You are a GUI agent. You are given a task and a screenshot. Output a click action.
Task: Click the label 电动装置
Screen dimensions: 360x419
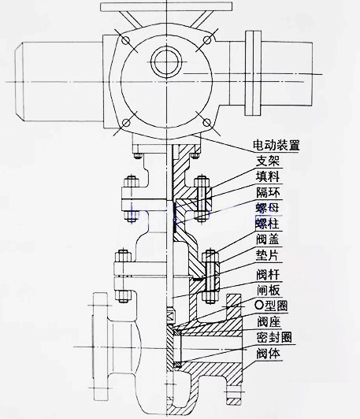pos(276,145)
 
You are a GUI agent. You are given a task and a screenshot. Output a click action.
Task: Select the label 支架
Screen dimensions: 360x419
pos(268,161)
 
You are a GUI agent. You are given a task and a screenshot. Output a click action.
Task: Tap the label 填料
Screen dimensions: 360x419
pos(268,176)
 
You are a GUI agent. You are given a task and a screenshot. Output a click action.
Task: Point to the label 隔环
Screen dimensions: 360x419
pos(268,192)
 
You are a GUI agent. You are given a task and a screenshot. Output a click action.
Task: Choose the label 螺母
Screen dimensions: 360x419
pos(267,208)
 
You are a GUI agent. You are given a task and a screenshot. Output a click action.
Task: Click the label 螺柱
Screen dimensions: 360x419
pos(267,224)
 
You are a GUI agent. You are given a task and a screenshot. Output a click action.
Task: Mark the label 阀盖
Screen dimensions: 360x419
pos(268,239)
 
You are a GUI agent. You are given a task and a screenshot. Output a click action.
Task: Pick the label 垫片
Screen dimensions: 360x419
pos(267,255)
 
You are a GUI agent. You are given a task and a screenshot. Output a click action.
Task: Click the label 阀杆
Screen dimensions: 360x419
pos(268,274)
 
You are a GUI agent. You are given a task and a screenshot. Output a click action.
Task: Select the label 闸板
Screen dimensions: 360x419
pos(268,290)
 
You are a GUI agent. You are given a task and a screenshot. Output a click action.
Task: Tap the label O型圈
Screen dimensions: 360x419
pos(272,306)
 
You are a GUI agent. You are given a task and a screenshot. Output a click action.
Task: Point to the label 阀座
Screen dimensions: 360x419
pos(269,321)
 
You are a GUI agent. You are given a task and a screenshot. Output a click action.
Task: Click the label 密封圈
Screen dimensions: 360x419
pos(274,338)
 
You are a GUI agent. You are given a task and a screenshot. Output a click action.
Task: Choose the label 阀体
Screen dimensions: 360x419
pos(268,354)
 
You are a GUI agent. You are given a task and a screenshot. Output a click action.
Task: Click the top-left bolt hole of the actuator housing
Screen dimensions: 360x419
pos(125,40)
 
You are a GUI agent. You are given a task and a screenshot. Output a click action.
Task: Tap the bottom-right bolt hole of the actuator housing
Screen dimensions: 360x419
pos(207,123)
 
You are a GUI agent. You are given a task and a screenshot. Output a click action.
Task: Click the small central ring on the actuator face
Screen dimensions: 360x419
pos(166,61)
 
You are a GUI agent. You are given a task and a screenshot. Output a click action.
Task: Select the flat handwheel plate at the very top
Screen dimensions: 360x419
pos(166,6)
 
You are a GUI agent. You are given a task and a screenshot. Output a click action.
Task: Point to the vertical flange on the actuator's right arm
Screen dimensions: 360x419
pos(253,73)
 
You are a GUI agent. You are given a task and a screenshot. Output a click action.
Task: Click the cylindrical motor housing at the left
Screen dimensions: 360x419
pos(59,81)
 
